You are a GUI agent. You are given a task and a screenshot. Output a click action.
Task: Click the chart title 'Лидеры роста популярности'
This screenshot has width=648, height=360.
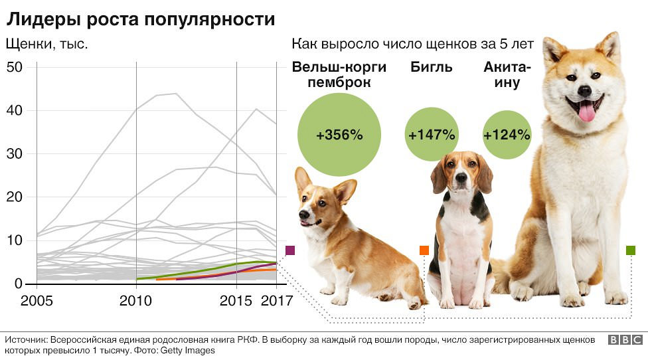click(140, 19)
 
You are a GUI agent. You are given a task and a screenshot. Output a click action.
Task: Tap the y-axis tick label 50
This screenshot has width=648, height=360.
click(15, 67)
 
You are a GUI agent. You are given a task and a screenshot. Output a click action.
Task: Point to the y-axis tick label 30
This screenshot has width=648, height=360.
click(15, 154)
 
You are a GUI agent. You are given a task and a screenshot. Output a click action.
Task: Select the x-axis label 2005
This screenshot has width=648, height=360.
click(37, 300)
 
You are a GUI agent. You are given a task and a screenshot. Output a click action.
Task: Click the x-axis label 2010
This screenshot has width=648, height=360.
click(136, 300)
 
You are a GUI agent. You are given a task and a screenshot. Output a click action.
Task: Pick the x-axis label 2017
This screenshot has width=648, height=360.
click(277, 300)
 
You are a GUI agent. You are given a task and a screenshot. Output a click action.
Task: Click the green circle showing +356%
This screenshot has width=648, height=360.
click(339, 135)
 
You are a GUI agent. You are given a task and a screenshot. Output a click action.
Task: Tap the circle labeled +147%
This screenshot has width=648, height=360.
click(432, 135)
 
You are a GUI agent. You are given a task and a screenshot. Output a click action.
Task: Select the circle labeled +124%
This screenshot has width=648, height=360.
click(507, 135)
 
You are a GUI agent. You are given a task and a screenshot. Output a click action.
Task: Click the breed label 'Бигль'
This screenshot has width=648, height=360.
click(432, 67)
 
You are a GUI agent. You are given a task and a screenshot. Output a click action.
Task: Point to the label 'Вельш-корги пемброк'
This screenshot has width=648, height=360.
click(331, 75)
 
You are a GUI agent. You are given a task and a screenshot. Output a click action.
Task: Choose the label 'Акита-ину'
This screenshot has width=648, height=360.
click(507, 75)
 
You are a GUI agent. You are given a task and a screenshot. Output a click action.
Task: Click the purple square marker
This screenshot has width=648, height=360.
click(289, 250)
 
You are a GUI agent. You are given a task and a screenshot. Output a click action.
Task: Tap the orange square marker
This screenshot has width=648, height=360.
click(424, 250)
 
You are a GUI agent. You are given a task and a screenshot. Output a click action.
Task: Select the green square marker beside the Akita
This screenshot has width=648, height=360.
click(630, 250)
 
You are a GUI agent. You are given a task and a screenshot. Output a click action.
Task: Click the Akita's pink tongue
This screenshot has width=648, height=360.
click(587, 112)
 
